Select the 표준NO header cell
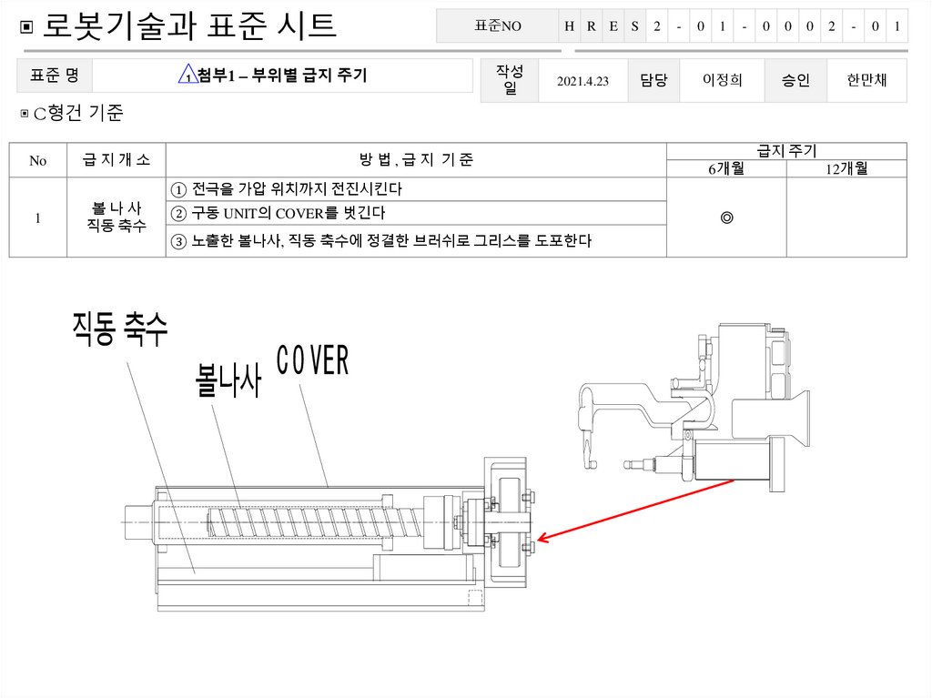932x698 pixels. [x=498, y=26]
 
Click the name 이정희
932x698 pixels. [x=722, y=81]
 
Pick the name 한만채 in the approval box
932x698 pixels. [x=866, y=81]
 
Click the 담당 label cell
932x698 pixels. [x=653, y=81]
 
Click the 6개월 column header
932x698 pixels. [x=726, y=168]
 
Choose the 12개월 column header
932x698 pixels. [x=846, y=168]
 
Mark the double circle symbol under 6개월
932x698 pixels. [x=726, y=218]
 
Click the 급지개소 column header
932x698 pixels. [x=116, y=160]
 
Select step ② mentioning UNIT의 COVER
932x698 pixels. [x=279, y=214]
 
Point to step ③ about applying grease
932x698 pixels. [x=381, y=241]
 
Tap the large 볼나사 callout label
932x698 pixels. [x=228, y=380]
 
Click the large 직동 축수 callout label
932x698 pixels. [x=120, y=329]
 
